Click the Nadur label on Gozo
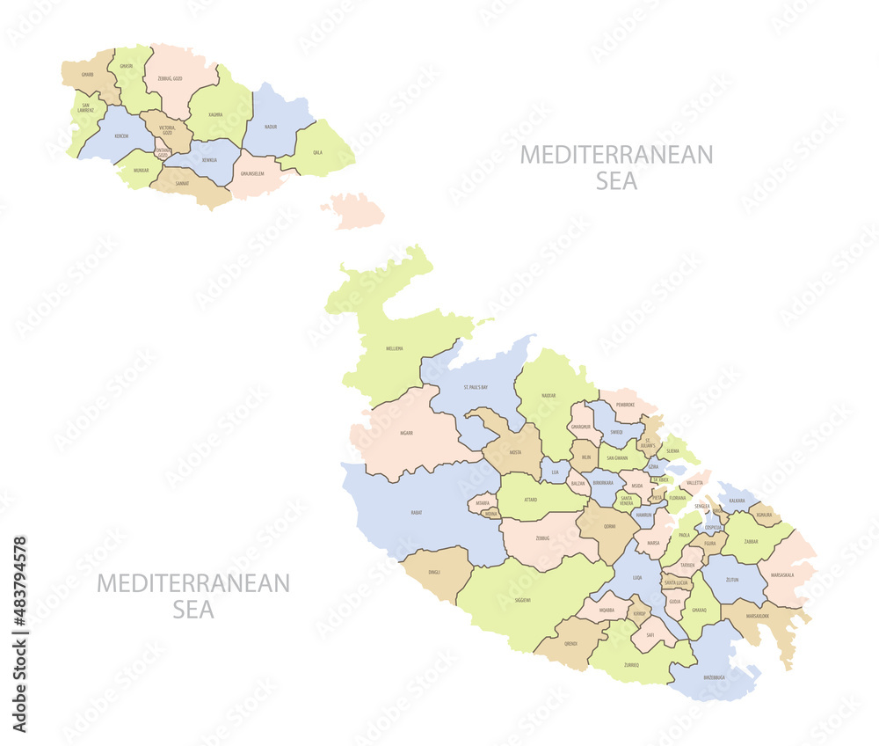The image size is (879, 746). [x=271, y=127]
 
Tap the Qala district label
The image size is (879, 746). [x=317, y=151]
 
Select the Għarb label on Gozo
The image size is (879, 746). [x=87, y=75]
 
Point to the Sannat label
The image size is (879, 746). [x=182, y=183]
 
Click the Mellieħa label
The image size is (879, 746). [x=395, y=348]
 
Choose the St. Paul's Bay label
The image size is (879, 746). [x=476, y=387]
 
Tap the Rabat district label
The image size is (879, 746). [x=416, y=511]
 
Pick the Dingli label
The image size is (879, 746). [x=434, y=572]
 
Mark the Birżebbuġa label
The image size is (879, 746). [x=714, y=677]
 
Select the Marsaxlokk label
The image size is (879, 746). [x=757, y=616]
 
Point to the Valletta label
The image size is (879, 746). [x=694, y=483]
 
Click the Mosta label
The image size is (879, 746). [x=515, y=452]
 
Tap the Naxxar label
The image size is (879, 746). [x=548, y=396]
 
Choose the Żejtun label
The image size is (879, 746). [x=732, y=581]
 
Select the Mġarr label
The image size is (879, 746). [x=406, y=433]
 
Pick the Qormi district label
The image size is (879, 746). [x=609, y=526]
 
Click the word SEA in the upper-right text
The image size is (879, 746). [x=616, y=181]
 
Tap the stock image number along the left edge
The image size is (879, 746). [x=20, y=633]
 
